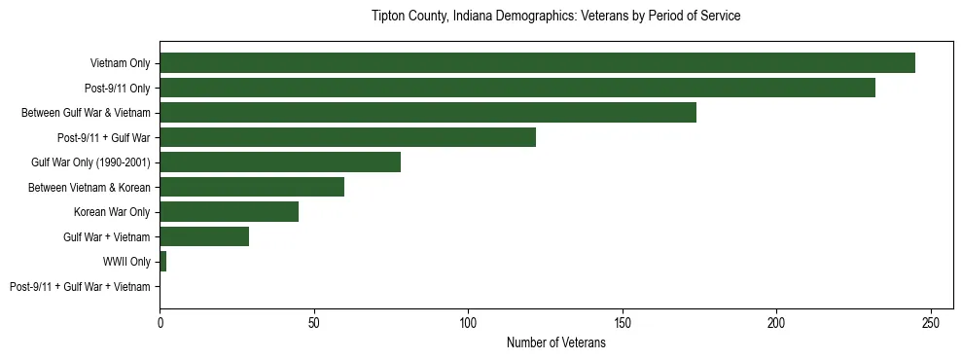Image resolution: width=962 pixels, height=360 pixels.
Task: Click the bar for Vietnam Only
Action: coord(537,63)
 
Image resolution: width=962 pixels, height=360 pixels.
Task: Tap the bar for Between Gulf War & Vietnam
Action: coord(428,113)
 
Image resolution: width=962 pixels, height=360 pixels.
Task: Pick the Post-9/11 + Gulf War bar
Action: coord(347,137)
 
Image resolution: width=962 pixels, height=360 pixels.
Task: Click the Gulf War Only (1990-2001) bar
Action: coord(280,162)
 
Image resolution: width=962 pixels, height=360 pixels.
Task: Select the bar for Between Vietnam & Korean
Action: coord(252,187)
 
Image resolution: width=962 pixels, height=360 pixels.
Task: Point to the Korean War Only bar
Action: coord(229,212)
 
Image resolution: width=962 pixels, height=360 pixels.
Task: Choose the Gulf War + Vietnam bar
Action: coord(204,236)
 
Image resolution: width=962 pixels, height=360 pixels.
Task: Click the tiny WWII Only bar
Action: coord(163,262)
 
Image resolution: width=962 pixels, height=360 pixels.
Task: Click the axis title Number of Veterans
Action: coord(555,342)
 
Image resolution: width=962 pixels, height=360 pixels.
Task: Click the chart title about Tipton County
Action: coord(555,17)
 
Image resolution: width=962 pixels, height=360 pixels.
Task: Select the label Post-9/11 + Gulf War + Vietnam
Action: coord(80,287)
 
